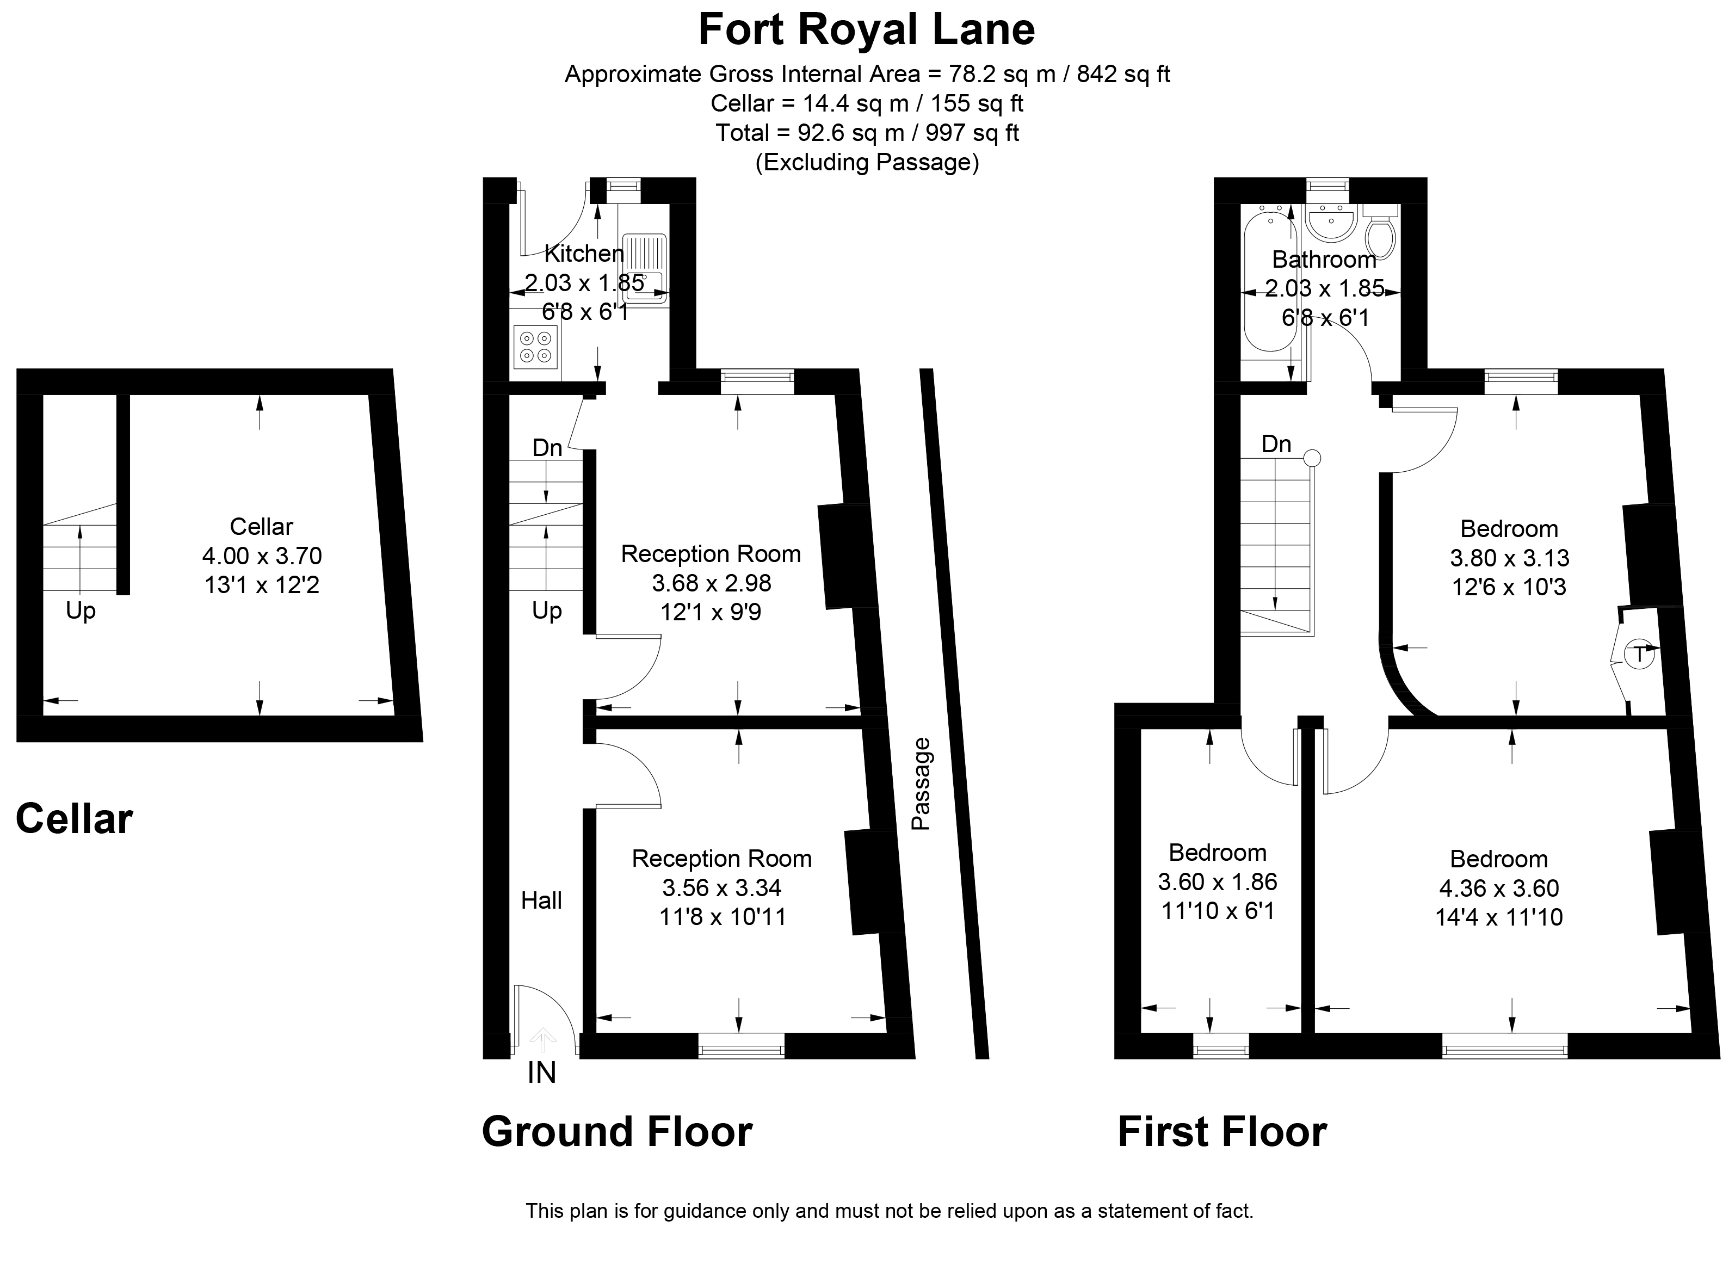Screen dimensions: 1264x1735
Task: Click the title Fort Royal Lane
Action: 866,30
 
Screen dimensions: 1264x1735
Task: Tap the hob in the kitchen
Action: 535,346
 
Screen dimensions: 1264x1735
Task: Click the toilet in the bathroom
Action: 1380,233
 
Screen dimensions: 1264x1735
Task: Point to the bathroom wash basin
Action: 1330,224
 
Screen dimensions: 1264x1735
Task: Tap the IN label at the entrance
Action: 542,1074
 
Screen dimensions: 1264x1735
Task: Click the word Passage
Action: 921,784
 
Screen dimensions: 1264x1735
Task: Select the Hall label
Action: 542,901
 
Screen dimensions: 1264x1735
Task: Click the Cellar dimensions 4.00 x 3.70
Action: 262,556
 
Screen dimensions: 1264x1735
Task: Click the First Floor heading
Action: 1222,1132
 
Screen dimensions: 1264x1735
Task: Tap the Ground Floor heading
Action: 616,1132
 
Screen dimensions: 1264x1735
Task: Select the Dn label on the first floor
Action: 1276,444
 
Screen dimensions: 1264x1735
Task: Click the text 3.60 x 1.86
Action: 1217,882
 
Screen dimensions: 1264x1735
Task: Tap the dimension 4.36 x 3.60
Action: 1499,889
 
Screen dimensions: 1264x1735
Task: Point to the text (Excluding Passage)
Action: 867,162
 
